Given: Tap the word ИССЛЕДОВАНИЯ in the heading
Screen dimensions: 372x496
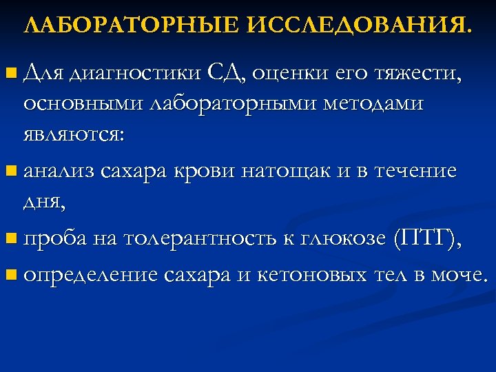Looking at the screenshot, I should pos(359,25).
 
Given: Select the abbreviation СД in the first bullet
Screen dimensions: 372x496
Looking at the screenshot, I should pos(227,72).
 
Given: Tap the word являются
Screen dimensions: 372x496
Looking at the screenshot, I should pos(73,135).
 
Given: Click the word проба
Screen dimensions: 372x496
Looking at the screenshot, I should pos(52,239).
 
